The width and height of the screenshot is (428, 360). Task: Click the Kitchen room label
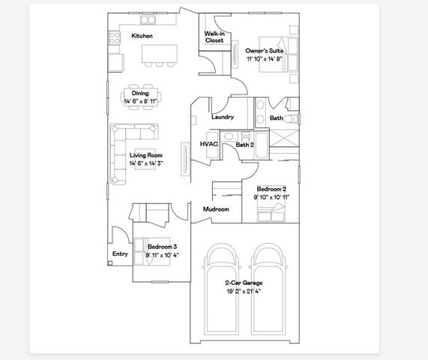coord(142,36)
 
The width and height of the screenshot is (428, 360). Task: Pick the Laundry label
coord(223,117)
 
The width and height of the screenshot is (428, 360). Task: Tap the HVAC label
coord(208,144)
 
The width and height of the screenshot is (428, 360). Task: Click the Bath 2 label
coord(245,144)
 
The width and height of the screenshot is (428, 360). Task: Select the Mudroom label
coord(216,209)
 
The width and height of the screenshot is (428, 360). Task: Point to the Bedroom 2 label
coord(271,189)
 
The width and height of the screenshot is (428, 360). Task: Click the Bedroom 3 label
coord(162,247)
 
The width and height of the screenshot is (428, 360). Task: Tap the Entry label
coord(120,254)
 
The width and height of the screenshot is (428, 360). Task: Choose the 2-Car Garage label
coord(244,283)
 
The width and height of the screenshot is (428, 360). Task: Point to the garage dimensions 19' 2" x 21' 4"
coord(244,290)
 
